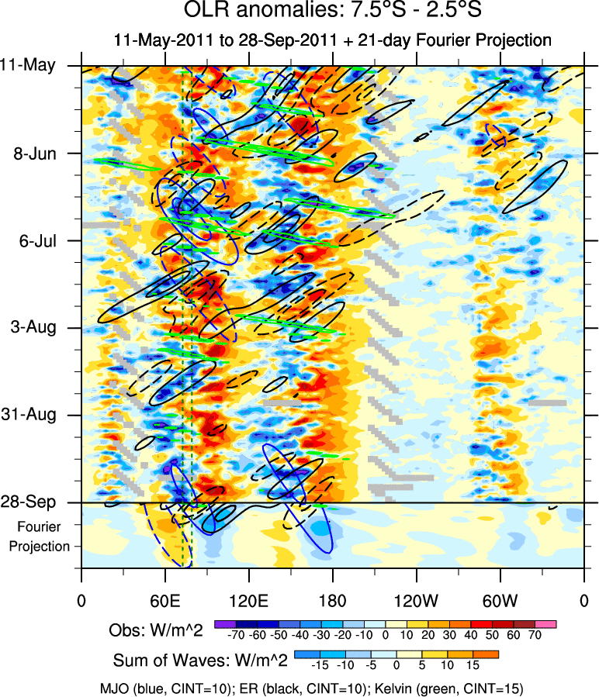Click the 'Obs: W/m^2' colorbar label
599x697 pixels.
[x=158, y=631]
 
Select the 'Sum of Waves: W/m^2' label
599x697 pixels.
[x=201, y=661]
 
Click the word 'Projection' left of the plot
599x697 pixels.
[x=40, y=546]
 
